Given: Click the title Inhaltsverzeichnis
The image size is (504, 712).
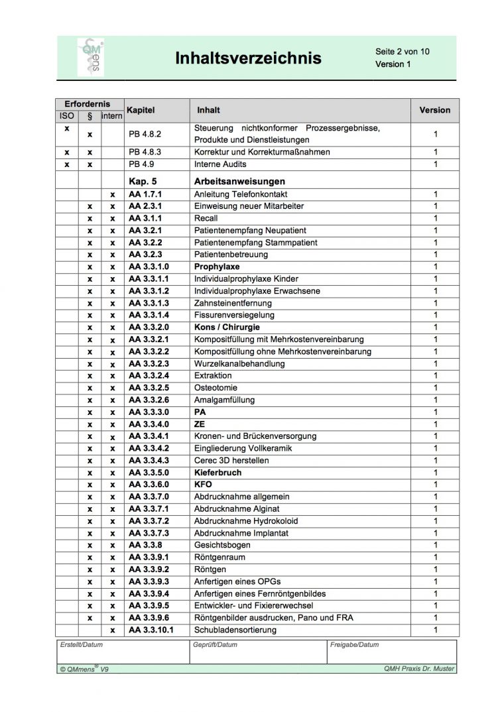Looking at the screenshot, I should click(248, 58).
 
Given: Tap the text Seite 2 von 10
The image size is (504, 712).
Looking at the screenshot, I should click(403, 51).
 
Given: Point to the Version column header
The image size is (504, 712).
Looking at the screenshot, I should click(434, 110).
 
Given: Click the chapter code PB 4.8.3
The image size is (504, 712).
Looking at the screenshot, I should click(145, 152).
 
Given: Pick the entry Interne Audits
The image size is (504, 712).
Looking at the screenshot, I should click(220, 164).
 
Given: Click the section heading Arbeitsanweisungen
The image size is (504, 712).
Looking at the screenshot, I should click(239, 181).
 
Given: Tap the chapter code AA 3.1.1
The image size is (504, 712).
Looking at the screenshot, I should click(145, 218).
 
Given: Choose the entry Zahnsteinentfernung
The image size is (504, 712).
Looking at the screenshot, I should click(233, 303).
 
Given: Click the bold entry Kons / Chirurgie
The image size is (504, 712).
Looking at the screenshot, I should click(227, 327).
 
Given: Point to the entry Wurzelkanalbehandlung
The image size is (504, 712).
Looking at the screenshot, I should click(239, 363).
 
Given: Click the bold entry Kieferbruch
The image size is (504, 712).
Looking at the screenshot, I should click(218, 473).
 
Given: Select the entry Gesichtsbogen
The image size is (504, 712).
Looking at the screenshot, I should click(222, 545).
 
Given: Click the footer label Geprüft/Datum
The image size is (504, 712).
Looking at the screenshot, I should click(215, 644).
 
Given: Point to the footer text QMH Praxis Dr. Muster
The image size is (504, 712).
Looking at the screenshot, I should click(419, 669).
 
